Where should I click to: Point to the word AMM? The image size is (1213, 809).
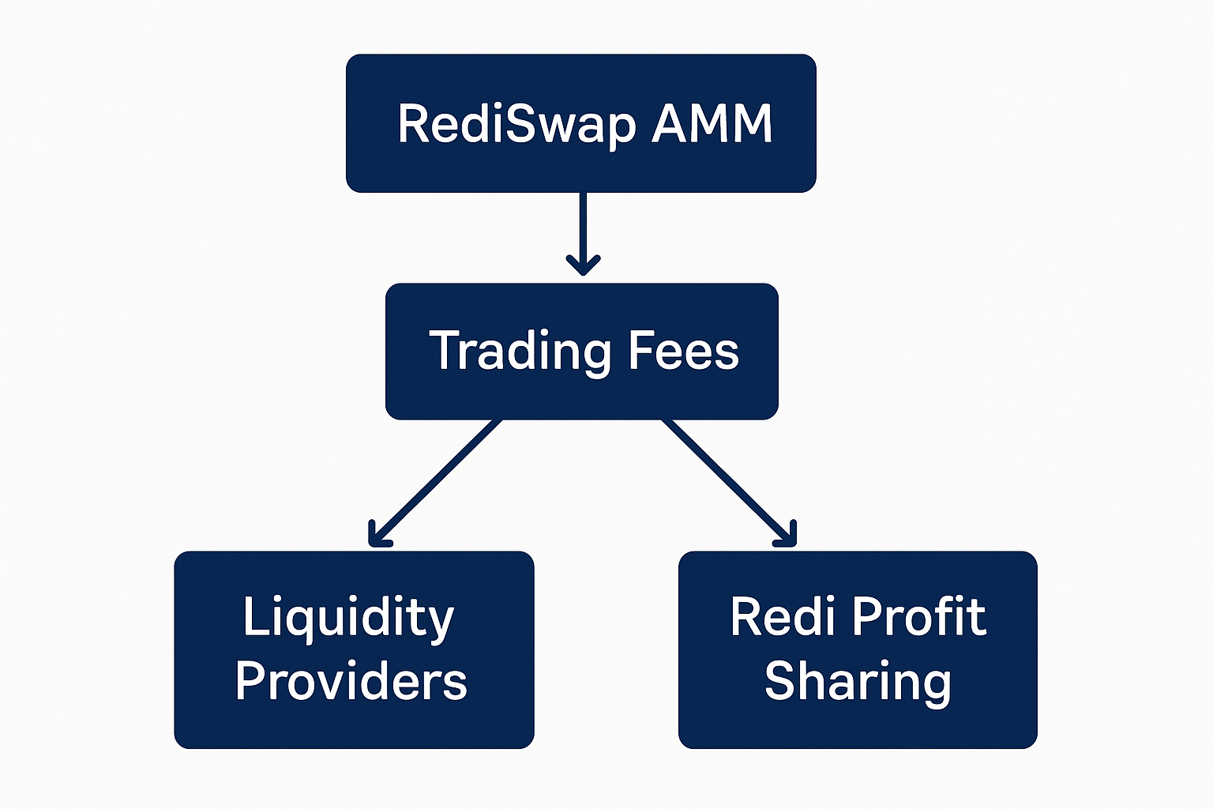point(712,124)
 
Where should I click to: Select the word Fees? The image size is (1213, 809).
point(683,352)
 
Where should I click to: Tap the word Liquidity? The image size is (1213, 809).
point(348,618)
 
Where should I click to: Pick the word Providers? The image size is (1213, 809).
point(351,681)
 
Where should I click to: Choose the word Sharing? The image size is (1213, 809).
point(858,682)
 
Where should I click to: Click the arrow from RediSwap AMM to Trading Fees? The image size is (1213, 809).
point(583,225)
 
